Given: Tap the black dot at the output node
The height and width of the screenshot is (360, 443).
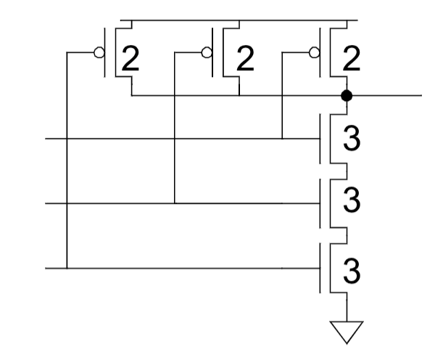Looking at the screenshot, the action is [x=347, y=96].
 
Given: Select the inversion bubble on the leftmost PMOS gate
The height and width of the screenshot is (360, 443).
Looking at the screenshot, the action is [x=99, y=52].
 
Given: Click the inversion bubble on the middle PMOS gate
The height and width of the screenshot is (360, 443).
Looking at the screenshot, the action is [x=207, y=52].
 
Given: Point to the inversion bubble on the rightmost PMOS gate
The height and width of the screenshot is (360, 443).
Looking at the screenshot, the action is [x=315, y=52].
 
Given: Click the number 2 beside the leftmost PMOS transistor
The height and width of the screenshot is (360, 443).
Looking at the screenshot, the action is [x=131, y=59].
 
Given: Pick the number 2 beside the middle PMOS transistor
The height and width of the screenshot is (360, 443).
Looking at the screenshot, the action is [x=245, y=59].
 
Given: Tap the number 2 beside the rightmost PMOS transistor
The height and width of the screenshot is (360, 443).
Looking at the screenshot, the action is [x=352, y=59].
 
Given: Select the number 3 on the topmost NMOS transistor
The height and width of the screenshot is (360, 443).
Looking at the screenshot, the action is [x=352, y=139].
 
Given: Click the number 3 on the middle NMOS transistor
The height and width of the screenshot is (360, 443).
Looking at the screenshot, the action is [x=352, y=200].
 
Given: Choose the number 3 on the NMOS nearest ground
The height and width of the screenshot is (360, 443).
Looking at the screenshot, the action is [x=352, y=271].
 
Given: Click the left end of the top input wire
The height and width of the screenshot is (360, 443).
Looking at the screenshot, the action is [x=46, y=139].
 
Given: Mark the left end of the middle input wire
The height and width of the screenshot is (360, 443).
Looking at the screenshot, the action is [x=46, y=203].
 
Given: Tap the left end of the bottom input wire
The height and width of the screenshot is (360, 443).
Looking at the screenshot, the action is [x=46, y=268].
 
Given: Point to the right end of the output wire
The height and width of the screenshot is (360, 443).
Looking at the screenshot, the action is [x=421, y=96].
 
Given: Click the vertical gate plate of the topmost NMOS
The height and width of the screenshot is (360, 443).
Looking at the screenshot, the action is [x=320, y=139].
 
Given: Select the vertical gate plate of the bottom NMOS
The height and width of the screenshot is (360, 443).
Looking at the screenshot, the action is [x=320, y=268].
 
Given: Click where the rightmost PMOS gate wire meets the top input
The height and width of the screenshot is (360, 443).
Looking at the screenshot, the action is [x=282, y=139].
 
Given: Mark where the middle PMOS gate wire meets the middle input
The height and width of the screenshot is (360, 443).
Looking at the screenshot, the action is [x=174, y=203].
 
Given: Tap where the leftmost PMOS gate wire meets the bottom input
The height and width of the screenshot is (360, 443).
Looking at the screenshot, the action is [x=67, y=268].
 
